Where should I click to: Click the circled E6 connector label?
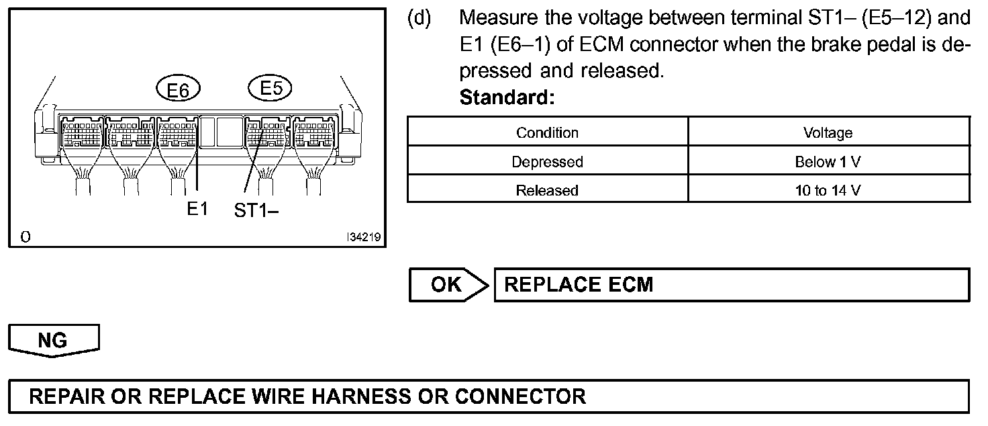point(178,89)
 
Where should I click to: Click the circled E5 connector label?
point(270,88)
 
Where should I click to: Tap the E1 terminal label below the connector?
point(197,209)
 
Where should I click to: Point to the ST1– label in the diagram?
point(256,210)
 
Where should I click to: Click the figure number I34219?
point(363,237)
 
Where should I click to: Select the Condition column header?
point(547,132)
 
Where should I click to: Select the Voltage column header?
point(828,132)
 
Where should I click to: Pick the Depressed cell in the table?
point(547,162)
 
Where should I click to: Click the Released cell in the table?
point(547,190)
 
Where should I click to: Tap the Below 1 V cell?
point(828,162)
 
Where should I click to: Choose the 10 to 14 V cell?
point(828,190)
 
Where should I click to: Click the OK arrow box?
point(448,285)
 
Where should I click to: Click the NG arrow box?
point(53,340)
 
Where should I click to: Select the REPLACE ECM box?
point(732,285)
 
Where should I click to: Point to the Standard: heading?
point(507,98)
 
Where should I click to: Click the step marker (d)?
point(420,17)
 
